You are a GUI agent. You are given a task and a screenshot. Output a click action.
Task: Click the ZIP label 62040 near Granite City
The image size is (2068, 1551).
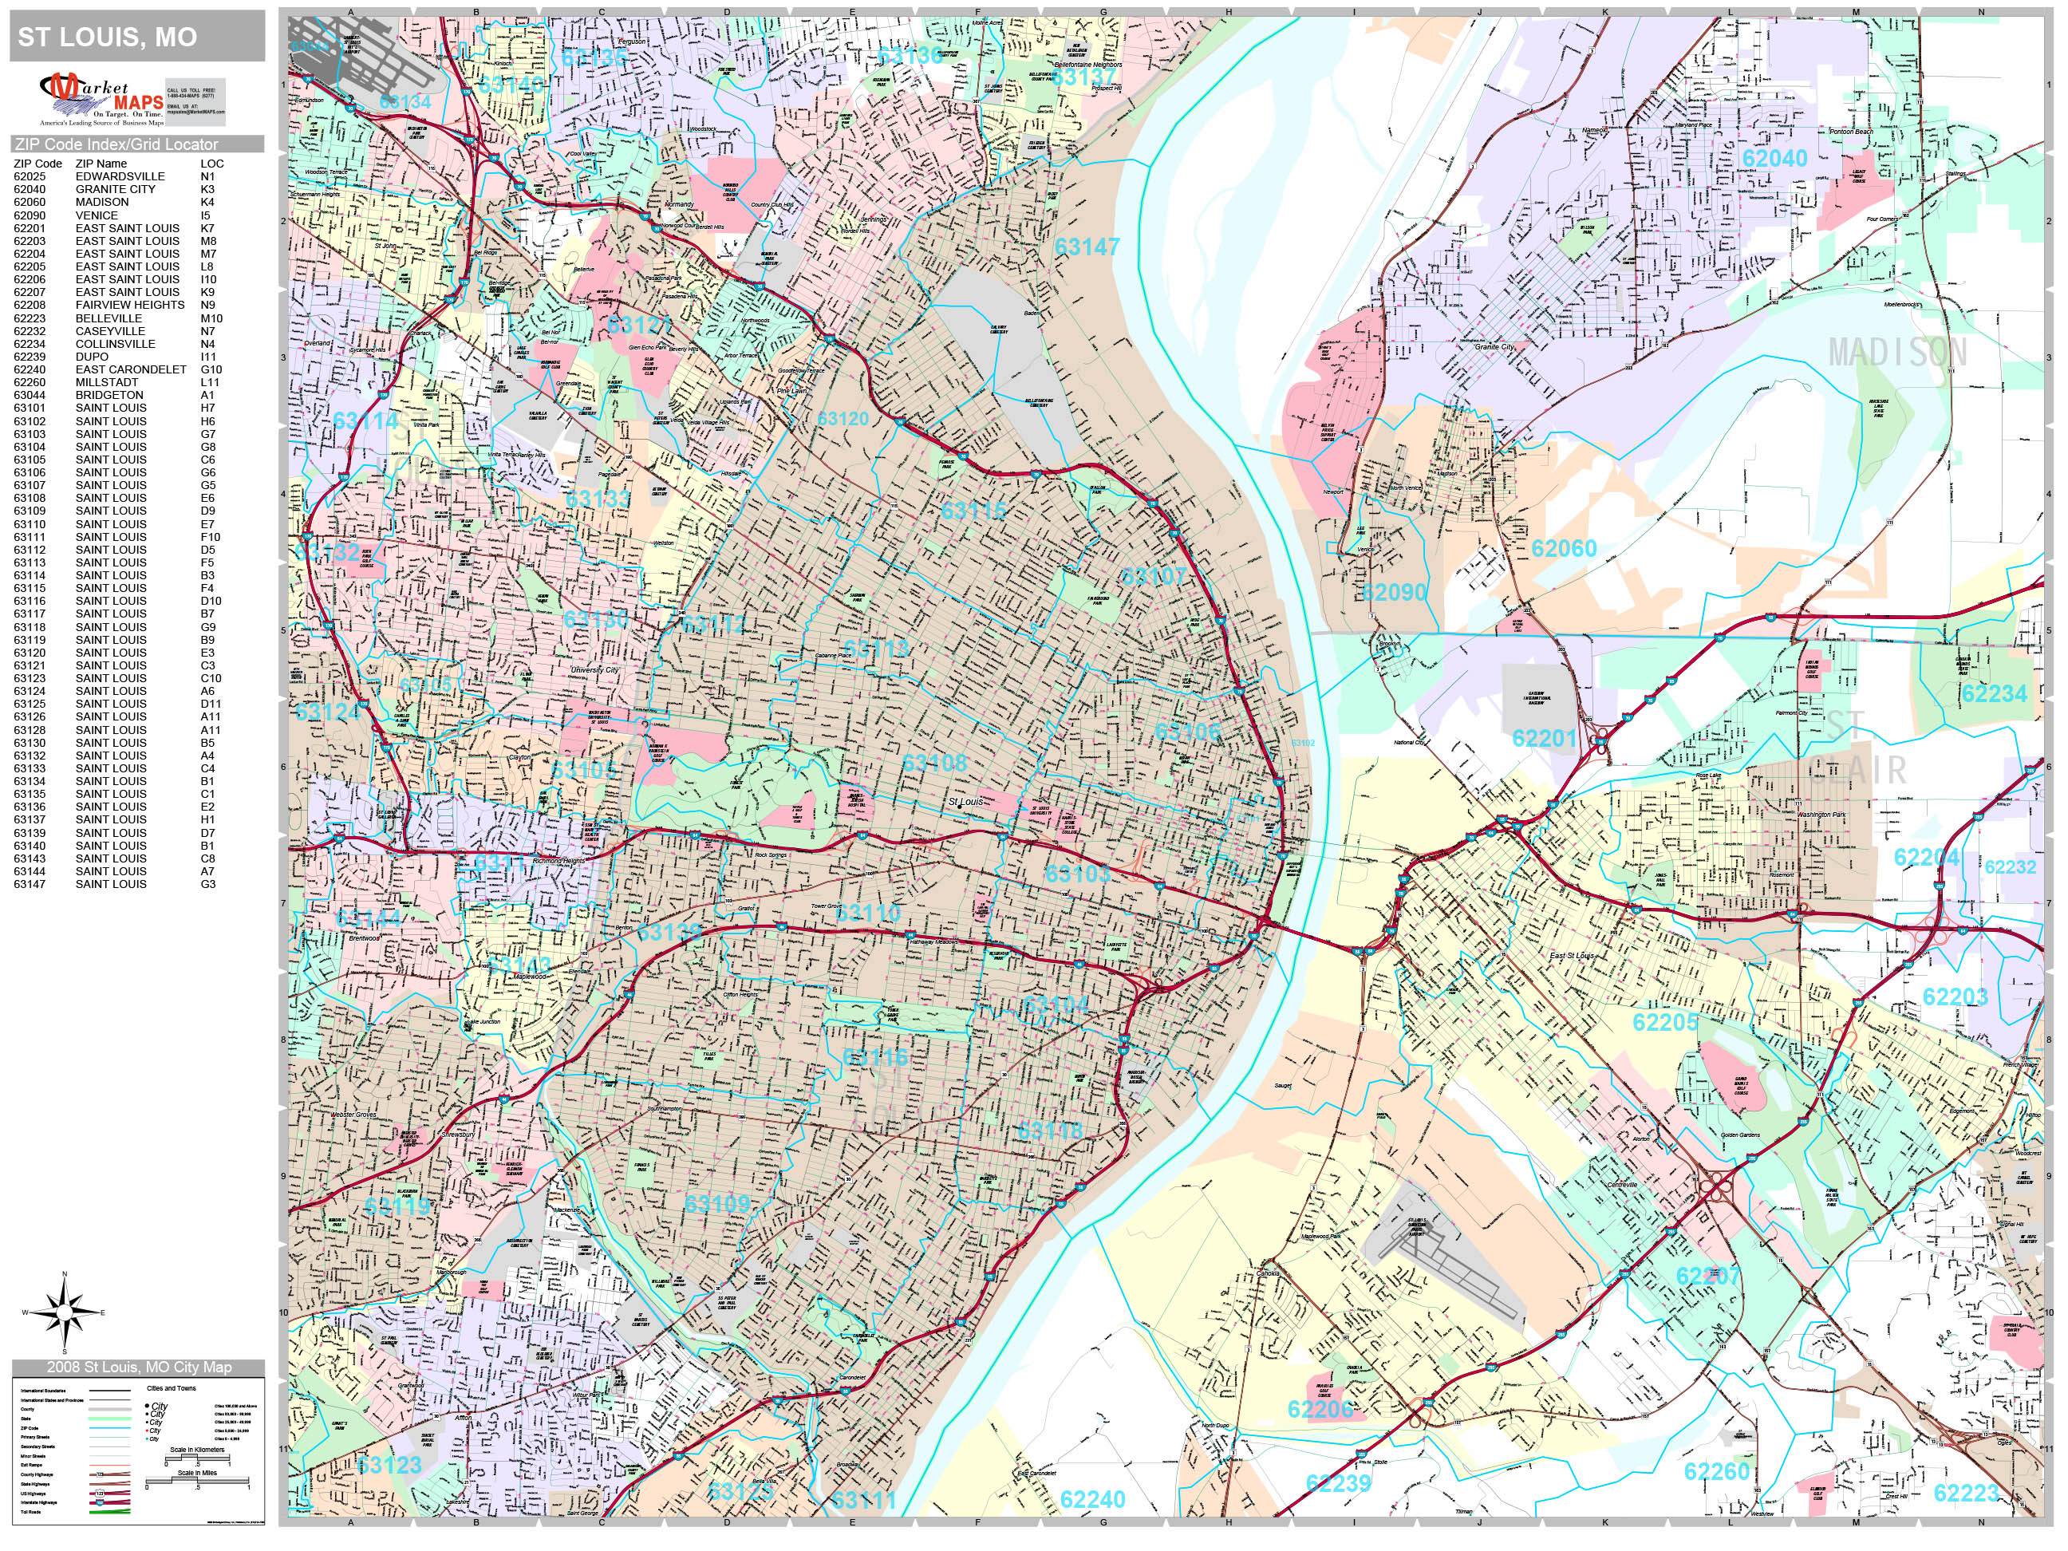(1774, 158)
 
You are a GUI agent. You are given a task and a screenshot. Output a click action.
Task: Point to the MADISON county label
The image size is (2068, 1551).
(1898, 353)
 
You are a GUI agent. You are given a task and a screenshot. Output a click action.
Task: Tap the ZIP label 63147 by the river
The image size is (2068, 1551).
(1087, 247)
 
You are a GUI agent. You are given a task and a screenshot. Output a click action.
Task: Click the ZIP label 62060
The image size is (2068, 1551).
(1563, 549)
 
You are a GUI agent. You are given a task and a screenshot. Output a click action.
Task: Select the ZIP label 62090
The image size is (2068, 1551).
(1394, 593)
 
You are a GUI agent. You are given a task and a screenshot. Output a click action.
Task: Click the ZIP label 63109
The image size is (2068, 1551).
(717, 1203)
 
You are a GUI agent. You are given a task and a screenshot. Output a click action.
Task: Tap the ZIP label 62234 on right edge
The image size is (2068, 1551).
(1994, 693)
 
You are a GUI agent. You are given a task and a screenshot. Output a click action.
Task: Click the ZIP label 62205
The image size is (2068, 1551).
(1665, 1022)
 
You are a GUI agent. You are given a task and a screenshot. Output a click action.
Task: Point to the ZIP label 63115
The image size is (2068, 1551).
(973, 511)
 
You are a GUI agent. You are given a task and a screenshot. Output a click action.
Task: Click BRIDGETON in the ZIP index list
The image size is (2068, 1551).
(109, 394)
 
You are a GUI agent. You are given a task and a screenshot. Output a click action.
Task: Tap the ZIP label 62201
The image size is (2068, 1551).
(1544, 739)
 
